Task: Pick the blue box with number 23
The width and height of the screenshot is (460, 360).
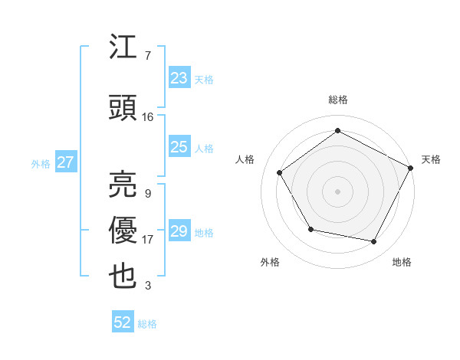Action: tap(179, 78)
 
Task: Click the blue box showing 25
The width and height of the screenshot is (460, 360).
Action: tap(179, 147)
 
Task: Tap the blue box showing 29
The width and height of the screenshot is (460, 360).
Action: tap(179, 231)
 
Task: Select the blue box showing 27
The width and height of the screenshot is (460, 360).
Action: tap(65, 162)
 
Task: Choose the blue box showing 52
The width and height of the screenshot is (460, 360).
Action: tap(123, 322)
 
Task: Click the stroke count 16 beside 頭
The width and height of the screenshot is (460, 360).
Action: tap(148, 117)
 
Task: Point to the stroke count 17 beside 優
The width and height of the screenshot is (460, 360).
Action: tap(148, 240)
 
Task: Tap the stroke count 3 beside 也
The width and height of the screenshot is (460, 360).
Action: tap(148, 286)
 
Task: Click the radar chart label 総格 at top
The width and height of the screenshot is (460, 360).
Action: tap(337, 100)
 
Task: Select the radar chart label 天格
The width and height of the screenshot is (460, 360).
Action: tap(431, 159)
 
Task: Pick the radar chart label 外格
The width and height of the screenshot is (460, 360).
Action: tap(270, 262)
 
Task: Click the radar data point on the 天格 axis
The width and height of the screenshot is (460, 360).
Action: tap(410, 168)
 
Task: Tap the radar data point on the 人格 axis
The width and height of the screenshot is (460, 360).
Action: tap(280, 172)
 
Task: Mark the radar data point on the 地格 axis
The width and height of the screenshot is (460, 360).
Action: tap(374, 242)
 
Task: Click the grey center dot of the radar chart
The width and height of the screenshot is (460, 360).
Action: tap(337, 191)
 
